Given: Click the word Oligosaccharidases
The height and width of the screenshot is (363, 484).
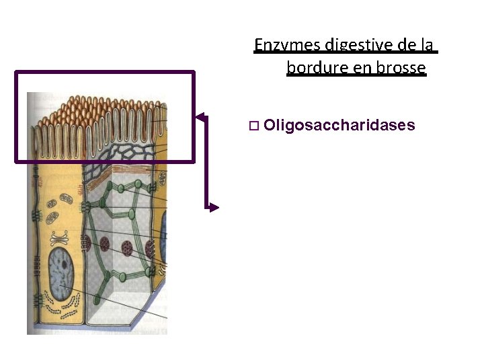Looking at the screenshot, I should pos(339,125).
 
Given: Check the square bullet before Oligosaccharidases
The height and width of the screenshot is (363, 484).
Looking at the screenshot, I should pos(253,126).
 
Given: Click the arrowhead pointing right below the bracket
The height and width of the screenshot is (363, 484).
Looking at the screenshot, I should pos(214,208).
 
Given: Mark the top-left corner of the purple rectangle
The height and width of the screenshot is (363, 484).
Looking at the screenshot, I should pos(16,72).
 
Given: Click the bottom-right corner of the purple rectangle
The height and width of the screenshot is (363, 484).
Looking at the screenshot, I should pos(194,161).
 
